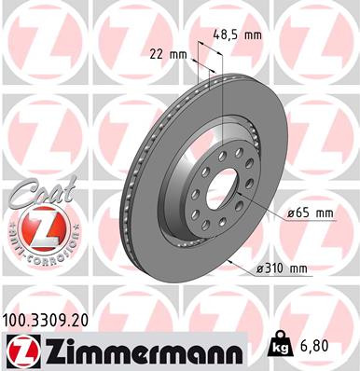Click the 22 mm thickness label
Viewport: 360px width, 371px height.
pos(168,53)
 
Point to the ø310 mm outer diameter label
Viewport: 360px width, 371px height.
pos(282,270)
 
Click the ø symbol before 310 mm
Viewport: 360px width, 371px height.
pos(260,270)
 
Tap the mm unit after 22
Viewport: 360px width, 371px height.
pos(178,53)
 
